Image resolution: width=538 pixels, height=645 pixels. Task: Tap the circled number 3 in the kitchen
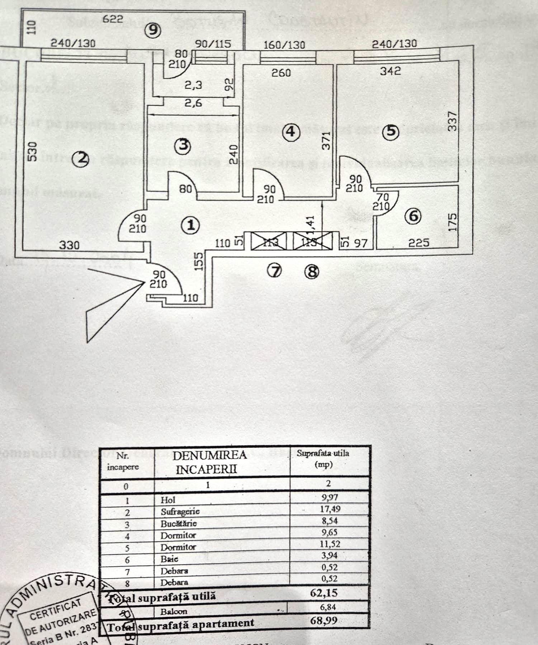(183, 146)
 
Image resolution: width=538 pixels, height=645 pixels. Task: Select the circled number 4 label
(291, 131)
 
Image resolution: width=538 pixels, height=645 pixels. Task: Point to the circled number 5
(391, 131)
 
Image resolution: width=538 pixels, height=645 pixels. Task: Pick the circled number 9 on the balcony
(153, 30)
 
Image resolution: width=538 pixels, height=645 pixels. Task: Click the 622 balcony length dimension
(113, 19)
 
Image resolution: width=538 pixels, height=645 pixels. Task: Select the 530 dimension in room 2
(32, 152)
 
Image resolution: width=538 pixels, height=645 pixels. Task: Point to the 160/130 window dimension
(284, 45)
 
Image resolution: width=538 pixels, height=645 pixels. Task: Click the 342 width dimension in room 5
(390, 71)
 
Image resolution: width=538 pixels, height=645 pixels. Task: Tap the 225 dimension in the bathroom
(419, 243)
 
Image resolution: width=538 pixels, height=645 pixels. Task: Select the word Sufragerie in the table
(180, 511)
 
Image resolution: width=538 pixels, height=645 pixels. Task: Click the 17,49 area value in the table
(330, 509)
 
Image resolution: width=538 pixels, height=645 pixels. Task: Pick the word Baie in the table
(169, 559)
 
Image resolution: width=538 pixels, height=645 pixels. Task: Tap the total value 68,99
(324, 621)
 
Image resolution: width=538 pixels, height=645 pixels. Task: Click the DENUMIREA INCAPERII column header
(209, 462)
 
